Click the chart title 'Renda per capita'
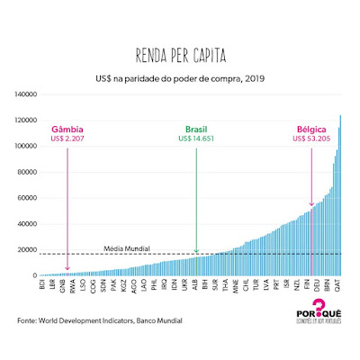(x=180, y=53)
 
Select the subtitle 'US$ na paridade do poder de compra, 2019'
(x=181, y=77)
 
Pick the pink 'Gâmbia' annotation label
(x=68, y=130)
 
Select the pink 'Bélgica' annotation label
(x=312, y=130)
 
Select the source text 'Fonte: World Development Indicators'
(x=90, y=319)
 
